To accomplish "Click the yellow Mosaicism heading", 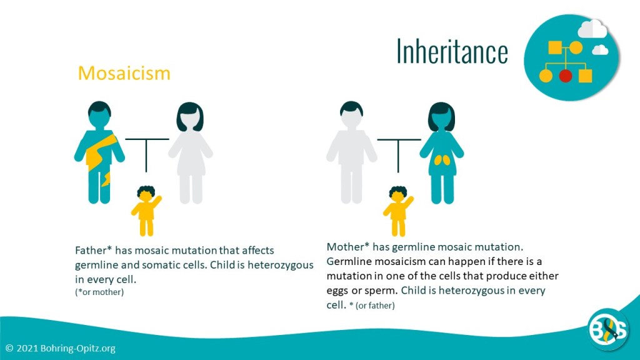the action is coord(124,74).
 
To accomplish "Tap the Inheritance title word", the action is coord(452,51).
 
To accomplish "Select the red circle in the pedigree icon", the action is coord(565,76).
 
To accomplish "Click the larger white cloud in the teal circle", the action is coord(592,29).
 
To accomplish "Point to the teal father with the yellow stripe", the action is coord(99,152).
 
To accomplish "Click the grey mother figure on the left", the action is coord(190,153).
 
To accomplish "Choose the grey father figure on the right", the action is coord(351,152).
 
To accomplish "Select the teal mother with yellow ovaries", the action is coord(442,153).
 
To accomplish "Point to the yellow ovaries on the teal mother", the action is coord(442,161).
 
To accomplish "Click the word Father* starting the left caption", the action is coord(94,250).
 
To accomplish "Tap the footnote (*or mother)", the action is coord(99,292).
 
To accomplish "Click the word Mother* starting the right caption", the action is coord(348,247).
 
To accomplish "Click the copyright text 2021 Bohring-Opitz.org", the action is coord(61,349).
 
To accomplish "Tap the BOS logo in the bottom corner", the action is coord(607,329).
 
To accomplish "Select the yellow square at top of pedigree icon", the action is coord(555,47).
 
